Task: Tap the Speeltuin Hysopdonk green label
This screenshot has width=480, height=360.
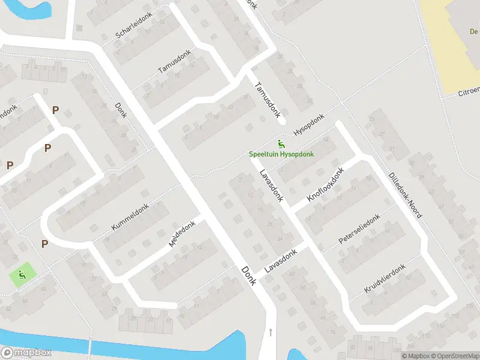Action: pos(281,154)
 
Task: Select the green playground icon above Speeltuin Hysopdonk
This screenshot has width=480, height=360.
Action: pos(281,143)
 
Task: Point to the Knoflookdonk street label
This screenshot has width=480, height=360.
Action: pos(326,185)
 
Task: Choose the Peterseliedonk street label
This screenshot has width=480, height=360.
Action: pos(359,230)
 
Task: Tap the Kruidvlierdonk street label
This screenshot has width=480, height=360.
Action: pos(385,278)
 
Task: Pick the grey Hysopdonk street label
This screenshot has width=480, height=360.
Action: pos(308,124)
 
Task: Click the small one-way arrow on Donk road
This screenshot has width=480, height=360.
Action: pos(271,332)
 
